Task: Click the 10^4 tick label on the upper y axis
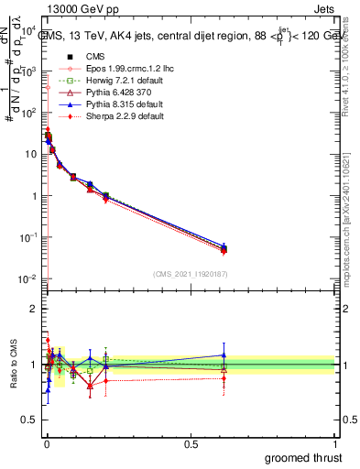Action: click(x=28, y=30)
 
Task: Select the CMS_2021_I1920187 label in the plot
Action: click(x=190, y=273)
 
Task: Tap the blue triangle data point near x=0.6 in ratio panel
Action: click(x=224, y=355)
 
